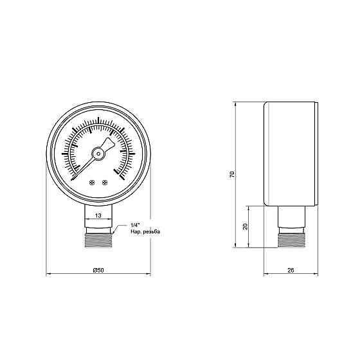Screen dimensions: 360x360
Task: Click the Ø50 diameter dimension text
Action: (x=98, y=269)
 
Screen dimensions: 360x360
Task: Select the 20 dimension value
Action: (x=246, y=227)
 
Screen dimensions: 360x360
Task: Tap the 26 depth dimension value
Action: (x=291, y=269)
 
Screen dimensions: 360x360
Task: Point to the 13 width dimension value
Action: (x=98, y=215)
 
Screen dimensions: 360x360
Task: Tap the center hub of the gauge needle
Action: (x=98, y=153)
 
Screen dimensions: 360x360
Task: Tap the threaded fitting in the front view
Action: (x=98, y=241)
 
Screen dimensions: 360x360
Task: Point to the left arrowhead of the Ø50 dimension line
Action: (x=49, y=275)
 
